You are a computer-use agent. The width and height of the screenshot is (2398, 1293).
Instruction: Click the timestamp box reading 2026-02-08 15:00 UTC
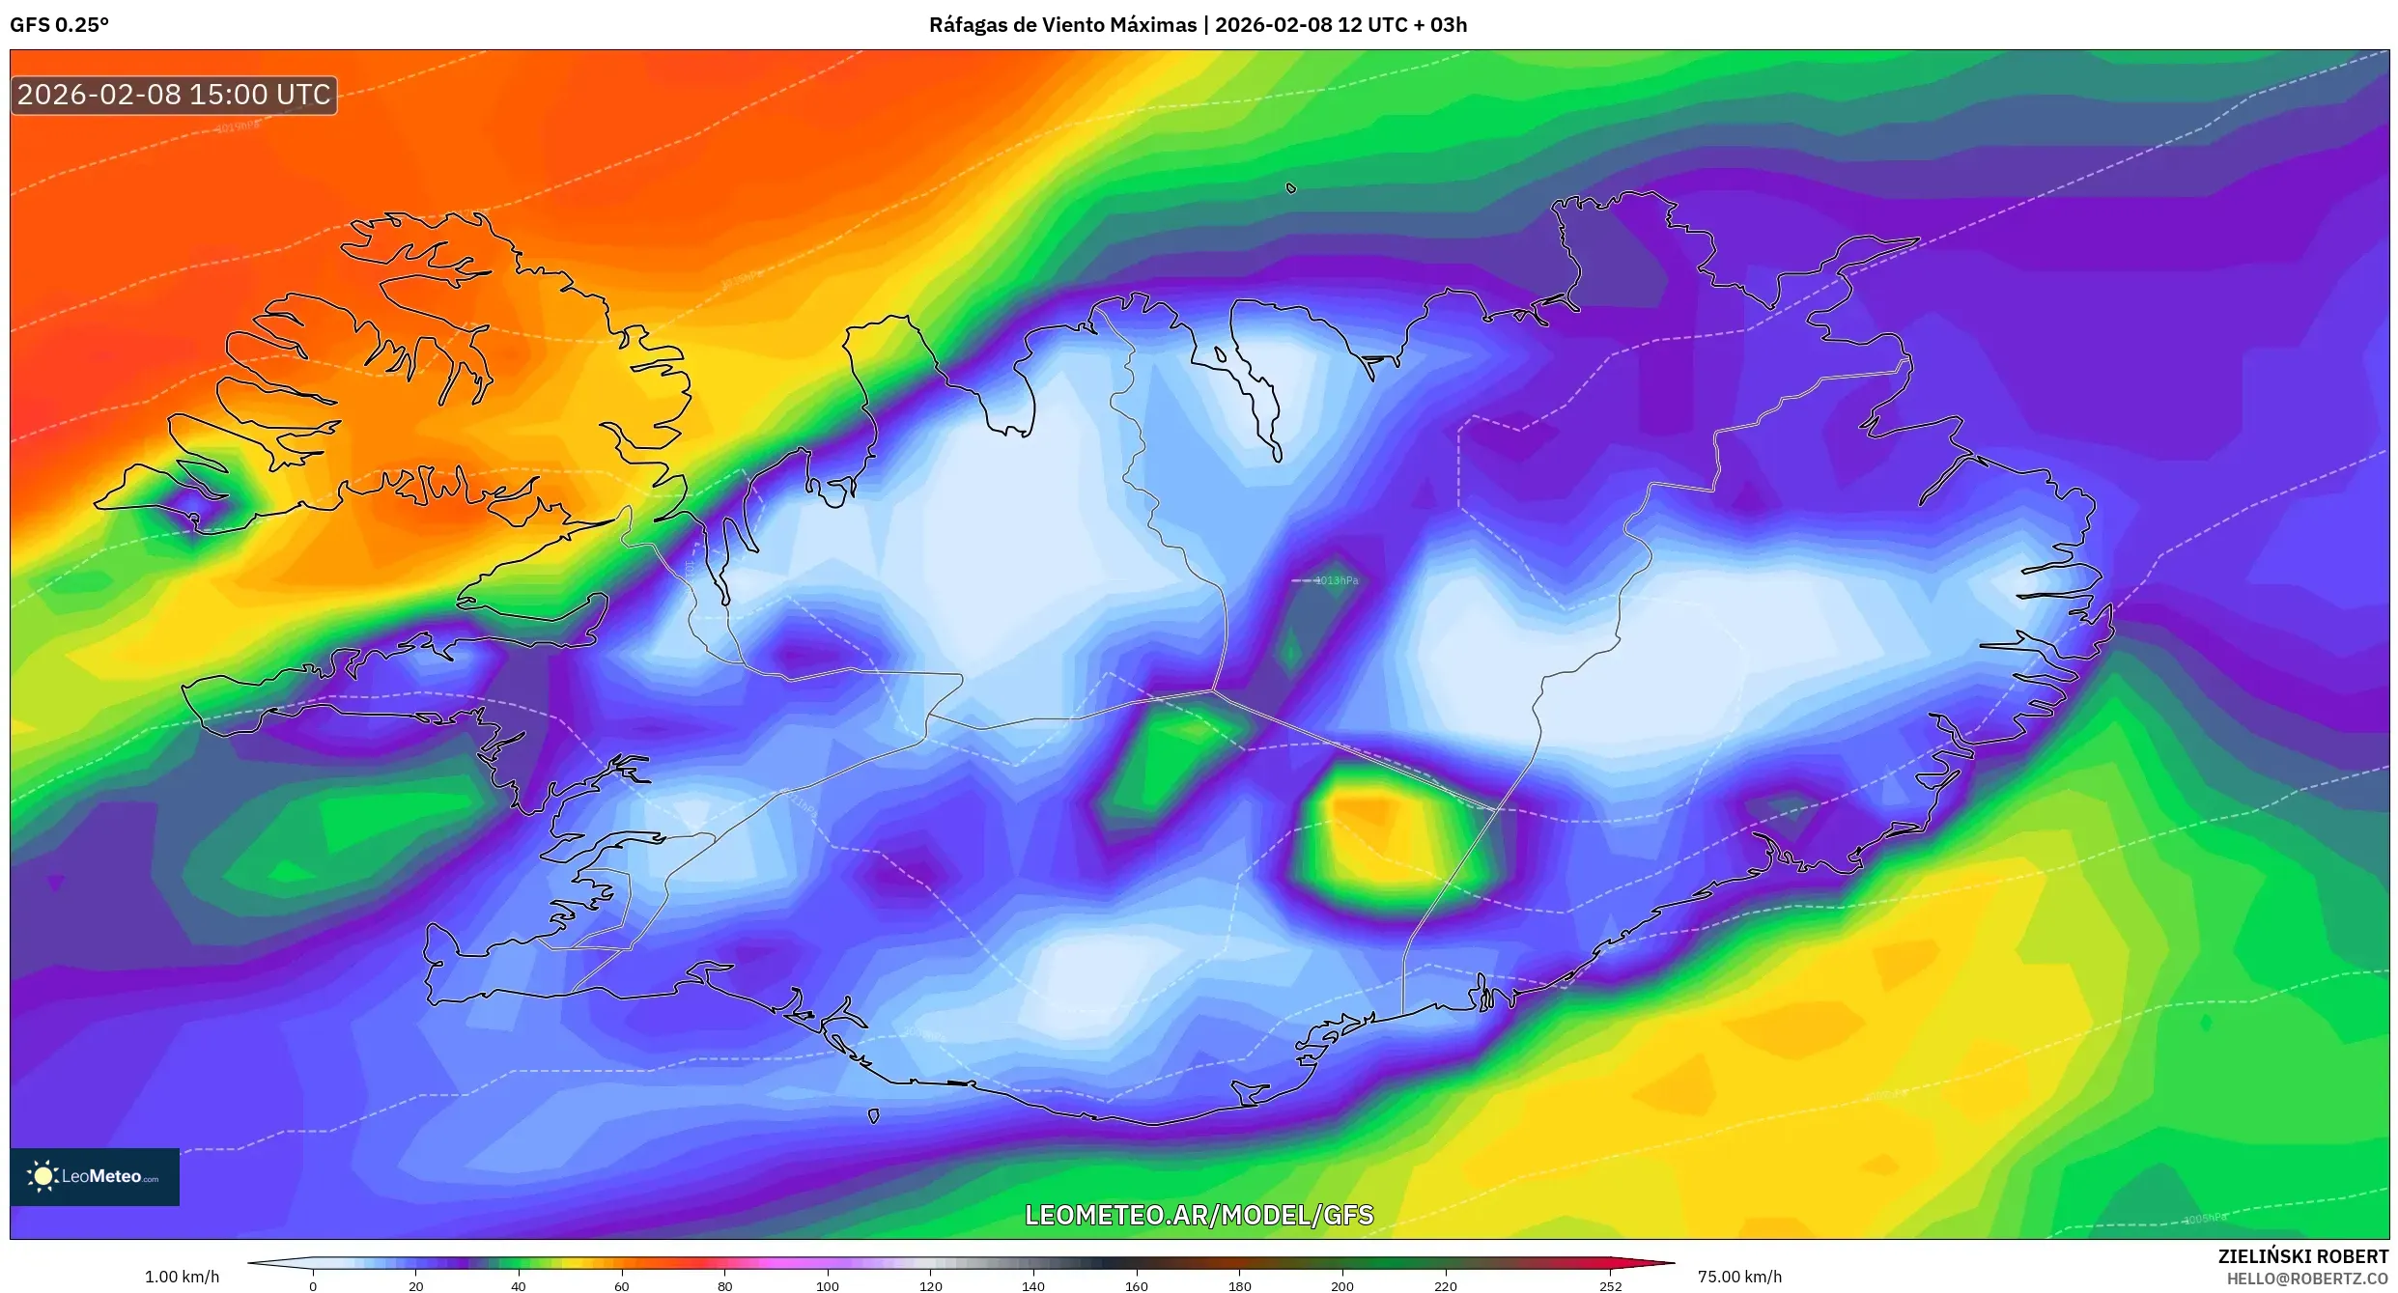[174, 95]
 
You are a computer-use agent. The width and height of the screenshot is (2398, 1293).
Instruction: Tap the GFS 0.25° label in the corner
[59, 25]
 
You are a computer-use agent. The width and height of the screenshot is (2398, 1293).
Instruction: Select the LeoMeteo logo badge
[95, 1176]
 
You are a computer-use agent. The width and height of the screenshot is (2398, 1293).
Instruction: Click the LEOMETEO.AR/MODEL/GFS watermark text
[1199, 1215]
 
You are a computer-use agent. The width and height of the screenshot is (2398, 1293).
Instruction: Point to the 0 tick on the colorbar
[313, 1286]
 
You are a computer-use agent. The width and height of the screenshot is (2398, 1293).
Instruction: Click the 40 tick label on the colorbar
[519, 1286]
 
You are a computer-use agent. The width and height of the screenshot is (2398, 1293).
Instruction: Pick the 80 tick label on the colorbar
[724, 1286]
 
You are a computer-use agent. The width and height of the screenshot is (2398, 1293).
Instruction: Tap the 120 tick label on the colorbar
[930, 1286]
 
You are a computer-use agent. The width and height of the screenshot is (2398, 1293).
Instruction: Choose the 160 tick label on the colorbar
[1137, 1286]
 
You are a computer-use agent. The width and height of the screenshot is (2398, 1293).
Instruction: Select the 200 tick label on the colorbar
[1342, 1286]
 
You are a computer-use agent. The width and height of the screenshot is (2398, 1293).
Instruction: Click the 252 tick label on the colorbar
[1610, 1286]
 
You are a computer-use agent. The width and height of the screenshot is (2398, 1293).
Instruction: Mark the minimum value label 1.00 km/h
[182, 1277]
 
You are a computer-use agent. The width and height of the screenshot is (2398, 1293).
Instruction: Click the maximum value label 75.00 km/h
[1739, 1277]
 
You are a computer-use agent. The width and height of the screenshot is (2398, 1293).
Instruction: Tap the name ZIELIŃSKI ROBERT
[2302, 1256]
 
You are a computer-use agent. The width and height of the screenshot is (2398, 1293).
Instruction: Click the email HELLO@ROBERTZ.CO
[2307, 1279]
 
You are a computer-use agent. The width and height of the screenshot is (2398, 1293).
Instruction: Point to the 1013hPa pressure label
[1337, 580]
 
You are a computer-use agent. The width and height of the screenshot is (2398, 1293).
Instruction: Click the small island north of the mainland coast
[1291, 188]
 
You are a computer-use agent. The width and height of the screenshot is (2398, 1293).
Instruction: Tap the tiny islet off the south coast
[874, 1116]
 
